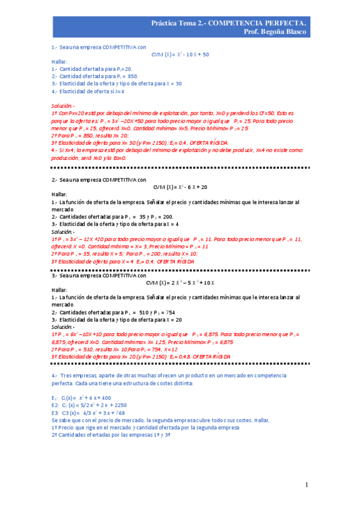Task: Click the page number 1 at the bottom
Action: (x=306, y=485)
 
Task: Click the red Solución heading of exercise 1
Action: (x=63, y=106)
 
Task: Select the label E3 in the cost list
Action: (x=55, y=413)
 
